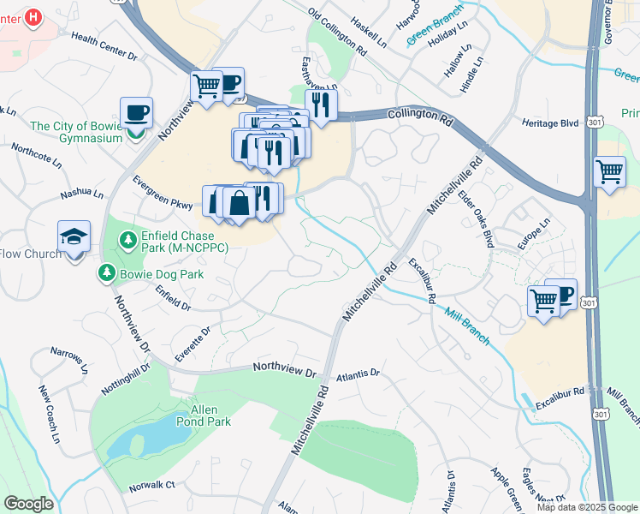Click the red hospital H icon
[33, 17]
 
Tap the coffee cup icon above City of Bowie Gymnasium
[136, 113]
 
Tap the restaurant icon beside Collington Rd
[321, 105]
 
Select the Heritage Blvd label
[550, 123]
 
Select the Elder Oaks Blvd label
[477, 218]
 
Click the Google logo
[28, 504]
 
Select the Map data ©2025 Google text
[587, 507]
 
